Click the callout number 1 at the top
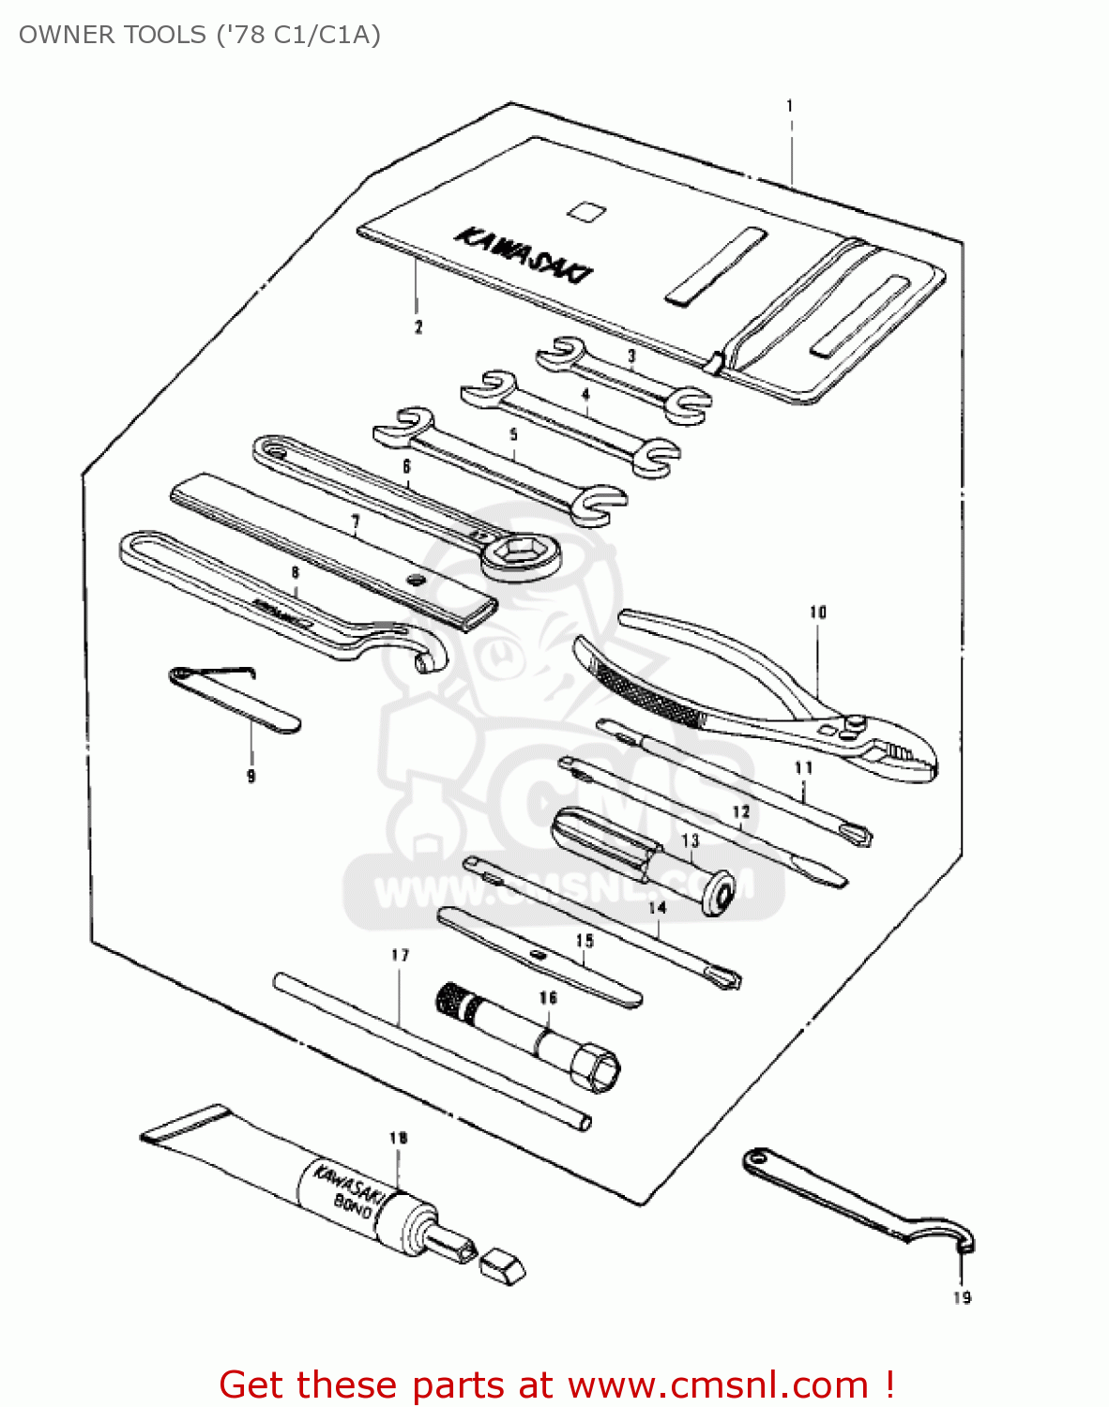click(790, 106)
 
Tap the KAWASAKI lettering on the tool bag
click(524, 253)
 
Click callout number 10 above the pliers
click(818, 613)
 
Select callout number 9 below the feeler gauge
click(251, 776)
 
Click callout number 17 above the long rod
click(401, 955)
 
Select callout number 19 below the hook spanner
click(962, 1297)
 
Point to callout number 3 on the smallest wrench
click(631, 356)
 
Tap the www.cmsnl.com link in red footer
click(718, 1384)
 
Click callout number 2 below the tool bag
click(418, 326)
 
